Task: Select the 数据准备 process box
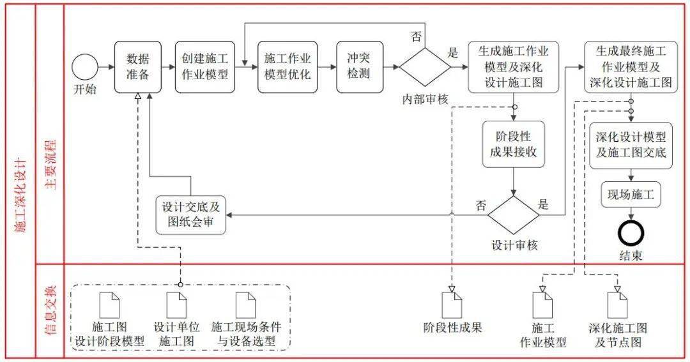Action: [137, 67]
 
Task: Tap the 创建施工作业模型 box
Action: [204, 67]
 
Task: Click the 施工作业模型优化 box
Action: [287, 67]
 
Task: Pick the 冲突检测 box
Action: [358, 67]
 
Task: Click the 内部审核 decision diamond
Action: [425, 67]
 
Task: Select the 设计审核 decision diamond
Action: [514, 215]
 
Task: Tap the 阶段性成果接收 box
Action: [514, 144]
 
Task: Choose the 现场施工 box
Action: [631, 195]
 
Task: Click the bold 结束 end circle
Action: [631, 233]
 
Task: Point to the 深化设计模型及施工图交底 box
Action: [631, 145]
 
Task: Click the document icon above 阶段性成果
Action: [452, 304]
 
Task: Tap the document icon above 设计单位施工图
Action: [176, 305]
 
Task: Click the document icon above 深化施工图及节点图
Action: [617, 305]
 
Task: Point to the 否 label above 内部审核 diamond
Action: [416, 36]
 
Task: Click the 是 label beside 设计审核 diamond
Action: [544, 205]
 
